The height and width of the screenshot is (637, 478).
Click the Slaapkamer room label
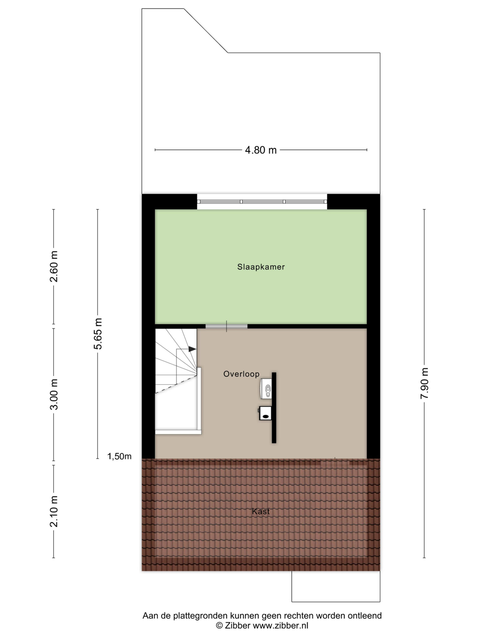[x=261, y=267]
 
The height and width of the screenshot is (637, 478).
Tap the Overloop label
[x=241, y=374]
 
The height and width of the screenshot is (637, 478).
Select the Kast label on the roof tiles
[x=261, y=511]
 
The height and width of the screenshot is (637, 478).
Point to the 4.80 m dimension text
[x=261, y=150]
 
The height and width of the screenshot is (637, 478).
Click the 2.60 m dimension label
[x=54, y=266]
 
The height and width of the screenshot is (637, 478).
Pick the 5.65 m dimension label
[x=98, y=334]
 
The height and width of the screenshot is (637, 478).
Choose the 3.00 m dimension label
[x=54, y=394]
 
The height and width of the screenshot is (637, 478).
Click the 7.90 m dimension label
[x=424, y=383]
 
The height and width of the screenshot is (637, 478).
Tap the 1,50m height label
[x=119, y=456]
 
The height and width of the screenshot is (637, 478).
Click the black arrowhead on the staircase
[x=192, y=349]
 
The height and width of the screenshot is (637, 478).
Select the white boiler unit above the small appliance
[x=266, y=388]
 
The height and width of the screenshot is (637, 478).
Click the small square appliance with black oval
[x=265, y=413]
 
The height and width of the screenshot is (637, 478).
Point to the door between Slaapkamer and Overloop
[x=227, y=326]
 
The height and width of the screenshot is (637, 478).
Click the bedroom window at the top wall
[x=262, y=202]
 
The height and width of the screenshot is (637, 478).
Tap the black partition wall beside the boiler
[x=274, y=408]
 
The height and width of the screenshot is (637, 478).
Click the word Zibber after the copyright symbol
[x=238, y=626]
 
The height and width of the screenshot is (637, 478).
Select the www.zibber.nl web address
[x=281, y=626]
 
